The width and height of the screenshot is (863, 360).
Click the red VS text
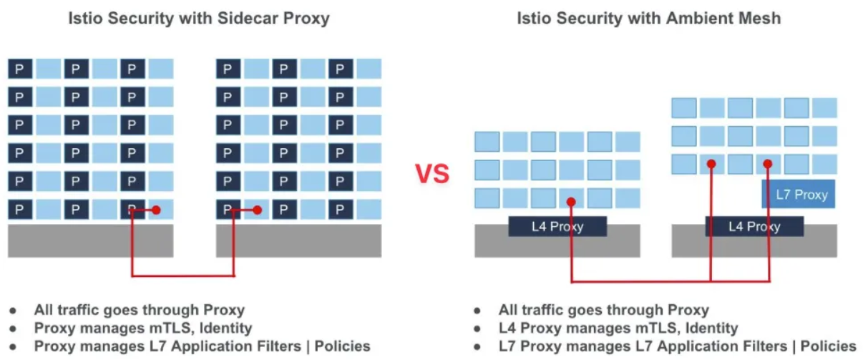pos(432,173)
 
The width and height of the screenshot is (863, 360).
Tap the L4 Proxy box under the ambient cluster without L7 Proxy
pos(557,227)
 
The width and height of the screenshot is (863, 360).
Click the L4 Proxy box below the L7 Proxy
pos(754,227)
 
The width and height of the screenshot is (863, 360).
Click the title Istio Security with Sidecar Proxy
pos(198,19)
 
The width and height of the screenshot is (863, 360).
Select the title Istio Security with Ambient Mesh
pos(648,19)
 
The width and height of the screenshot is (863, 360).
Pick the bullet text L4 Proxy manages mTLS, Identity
pos(618,329)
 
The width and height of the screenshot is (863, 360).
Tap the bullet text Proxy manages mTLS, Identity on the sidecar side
pos(143,329)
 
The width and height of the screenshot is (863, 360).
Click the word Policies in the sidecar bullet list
pos(342,346)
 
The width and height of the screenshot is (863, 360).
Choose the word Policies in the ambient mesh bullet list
pos(828,346)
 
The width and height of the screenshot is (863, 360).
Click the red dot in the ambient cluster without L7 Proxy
pos(571,202)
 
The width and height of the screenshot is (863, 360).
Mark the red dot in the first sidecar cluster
pos(156,210)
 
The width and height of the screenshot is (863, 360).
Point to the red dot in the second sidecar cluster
pos(257,210)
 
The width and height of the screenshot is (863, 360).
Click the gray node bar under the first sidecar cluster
pos(90,241)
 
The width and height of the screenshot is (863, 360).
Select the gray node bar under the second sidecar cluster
pos(298,241)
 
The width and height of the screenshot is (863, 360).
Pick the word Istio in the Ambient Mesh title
pos(535,19)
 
